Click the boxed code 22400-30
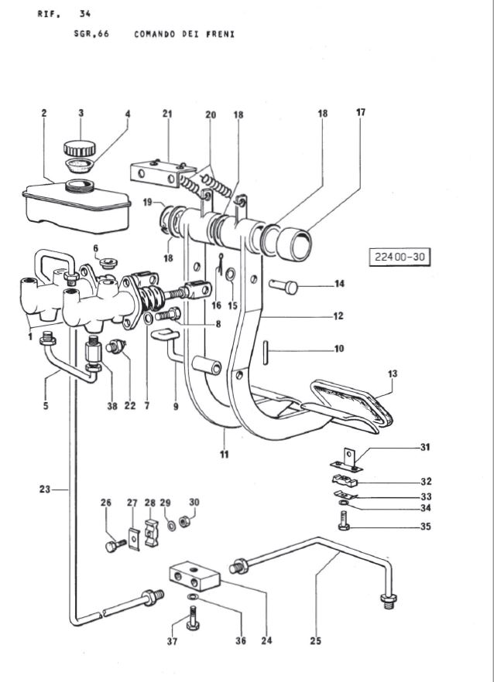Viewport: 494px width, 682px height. tap(399, 257)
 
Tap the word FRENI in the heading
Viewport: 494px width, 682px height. tap(221, 34)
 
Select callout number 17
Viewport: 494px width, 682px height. tap(361, 112)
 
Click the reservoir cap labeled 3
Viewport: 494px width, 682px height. tap(79, 148)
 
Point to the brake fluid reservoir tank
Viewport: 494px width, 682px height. tap(77, 206)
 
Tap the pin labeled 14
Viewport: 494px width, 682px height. tap(283, 286)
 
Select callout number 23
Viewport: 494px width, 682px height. tap(44, 489)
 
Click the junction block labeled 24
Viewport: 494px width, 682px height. tap(194, 575)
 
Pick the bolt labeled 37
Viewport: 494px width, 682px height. tap(193, 619)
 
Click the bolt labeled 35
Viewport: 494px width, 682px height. tap(344, 520)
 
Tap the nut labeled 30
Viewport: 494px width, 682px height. tap(184, 520)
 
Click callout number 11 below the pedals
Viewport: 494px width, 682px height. tap(224, 455)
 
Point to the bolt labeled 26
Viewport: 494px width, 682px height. tap(115, 545)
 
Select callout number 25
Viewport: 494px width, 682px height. tap(316, 641)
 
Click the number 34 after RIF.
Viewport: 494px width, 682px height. tap(85, 14)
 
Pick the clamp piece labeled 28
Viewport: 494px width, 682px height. tap(150, 533)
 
